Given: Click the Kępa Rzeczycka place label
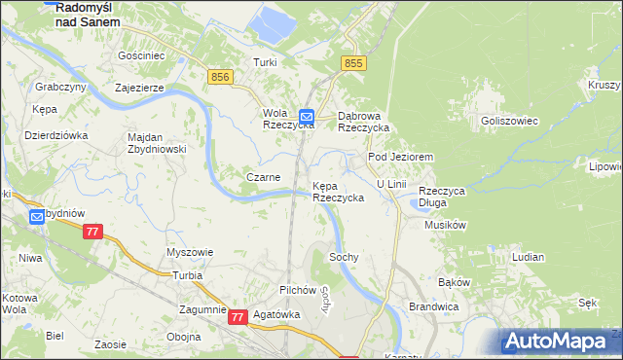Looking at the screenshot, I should point(338,191).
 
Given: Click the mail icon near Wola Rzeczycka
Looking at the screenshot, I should point(307,114).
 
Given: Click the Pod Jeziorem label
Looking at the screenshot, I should point(399,157).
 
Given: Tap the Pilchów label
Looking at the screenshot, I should point(298,290).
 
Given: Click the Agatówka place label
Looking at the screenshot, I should point(274,315).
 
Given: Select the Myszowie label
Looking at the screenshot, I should point(190,252).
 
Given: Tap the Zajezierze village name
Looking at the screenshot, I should point(144,88).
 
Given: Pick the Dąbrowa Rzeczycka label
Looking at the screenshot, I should point(363,121).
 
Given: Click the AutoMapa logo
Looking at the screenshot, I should point(561,342).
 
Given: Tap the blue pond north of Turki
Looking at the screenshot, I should point(271,24).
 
